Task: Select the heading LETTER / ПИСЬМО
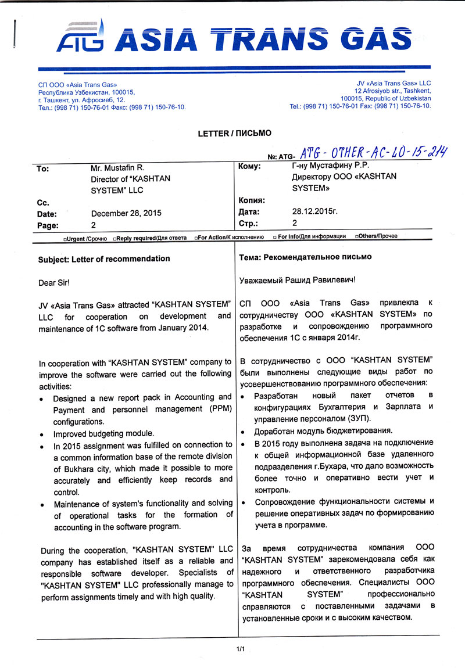click(x=234, y=134)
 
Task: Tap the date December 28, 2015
click(x=127, y=213)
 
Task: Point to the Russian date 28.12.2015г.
click(x=314, y=212)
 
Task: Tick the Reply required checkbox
click(x=116, y=238)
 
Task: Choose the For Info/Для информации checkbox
click(x=275, y=237)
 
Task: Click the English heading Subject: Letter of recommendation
click(x=104, y=258)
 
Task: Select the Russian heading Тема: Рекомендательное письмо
click(x=305, y=257)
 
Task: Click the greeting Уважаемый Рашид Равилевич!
click(x=297, y=280)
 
